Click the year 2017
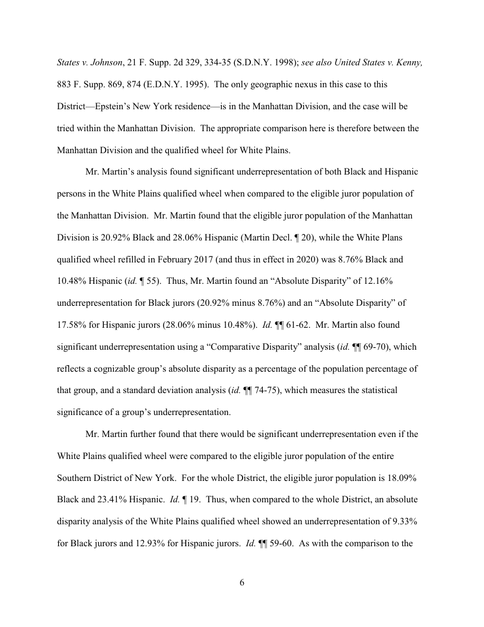[222, 259]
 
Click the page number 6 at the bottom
[242, 582]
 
